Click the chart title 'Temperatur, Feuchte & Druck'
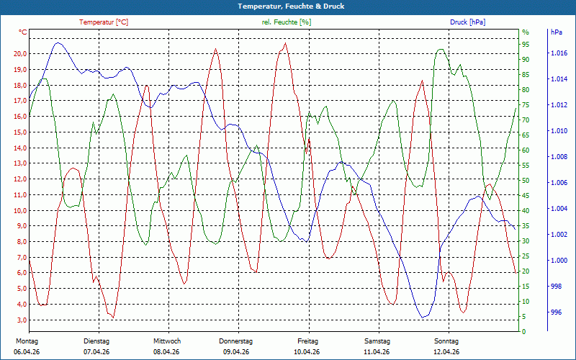pos(288,6)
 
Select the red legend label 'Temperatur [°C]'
pos(104,22)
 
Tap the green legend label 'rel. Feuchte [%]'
pos(287,22)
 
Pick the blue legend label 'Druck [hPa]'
pos(467,22)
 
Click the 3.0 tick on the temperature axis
pos(21,320)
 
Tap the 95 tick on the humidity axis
pos(526,44)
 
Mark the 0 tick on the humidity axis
pos(523,332)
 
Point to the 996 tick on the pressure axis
pos(556,312)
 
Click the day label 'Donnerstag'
pos(235,341)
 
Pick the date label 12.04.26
pos(446,351)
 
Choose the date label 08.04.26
pos(166,351)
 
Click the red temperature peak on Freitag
pos(285,43)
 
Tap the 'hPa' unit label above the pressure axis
pos(557,32)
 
